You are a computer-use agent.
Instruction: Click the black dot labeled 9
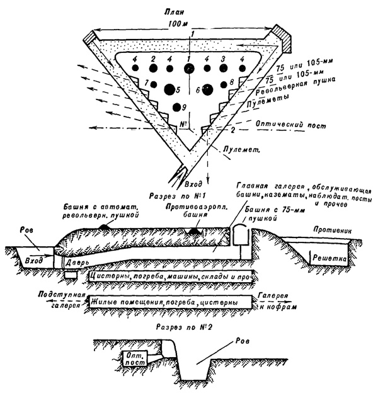point(177,107)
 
